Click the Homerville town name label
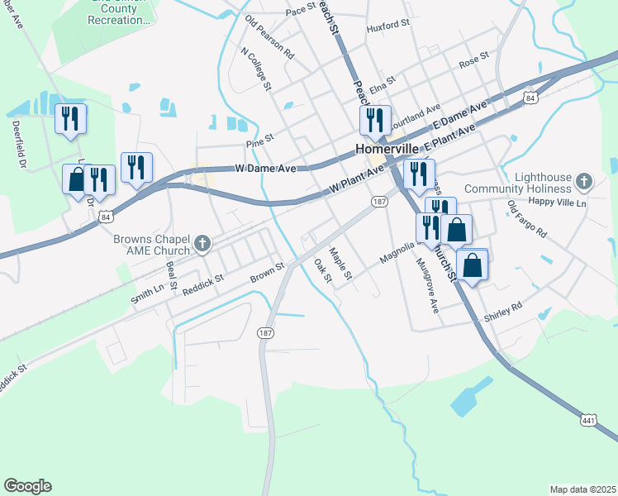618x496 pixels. (389, 150)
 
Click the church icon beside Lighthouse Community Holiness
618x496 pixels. (583, 181)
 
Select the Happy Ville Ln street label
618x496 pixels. (558, 203)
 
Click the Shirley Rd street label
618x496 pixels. (505, 308)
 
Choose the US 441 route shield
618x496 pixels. (588, 421)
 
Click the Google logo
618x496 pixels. (27, 486)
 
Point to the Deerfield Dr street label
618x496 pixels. (17, 145)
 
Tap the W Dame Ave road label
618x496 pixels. (265, 168)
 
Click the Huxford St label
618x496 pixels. (387, 26)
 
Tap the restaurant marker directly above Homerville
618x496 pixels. (375, 120)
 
